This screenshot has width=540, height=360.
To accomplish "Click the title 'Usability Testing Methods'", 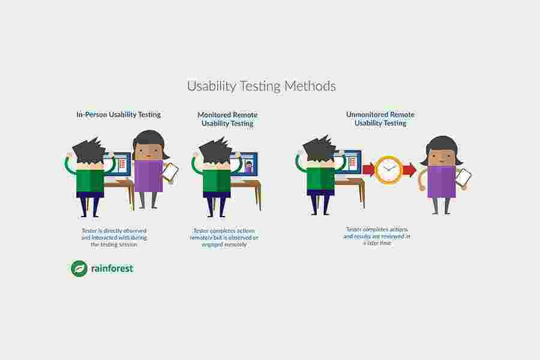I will pyautogui.click(x=261, y=86).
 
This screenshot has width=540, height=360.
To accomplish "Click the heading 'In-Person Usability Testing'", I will pyautogui.click(x=118, y=114).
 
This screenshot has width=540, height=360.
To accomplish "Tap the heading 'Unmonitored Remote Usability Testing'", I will pyautogui.click(x=380, y=119).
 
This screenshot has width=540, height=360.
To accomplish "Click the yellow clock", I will pyautogui.click(x=388, y=170).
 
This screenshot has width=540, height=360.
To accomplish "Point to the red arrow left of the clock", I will pyautogui.click(x=368, y=169).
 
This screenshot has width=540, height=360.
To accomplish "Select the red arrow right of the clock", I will pyautogui.click(x=409, y=170).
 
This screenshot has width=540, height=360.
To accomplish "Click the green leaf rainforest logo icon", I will pyautogui.click(x=79, y=268).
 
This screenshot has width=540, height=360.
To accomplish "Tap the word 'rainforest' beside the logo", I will pyautogui.click(x=112, y=268).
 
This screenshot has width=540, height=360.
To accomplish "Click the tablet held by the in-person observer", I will pyautogui.click(x=170, y=172).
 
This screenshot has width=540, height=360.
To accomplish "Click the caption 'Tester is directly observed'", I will pyautogui.click(x=114, y=230).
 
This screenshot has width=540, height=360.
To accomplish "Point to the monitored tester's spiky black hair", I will pyautogui.click(x=214, y=150).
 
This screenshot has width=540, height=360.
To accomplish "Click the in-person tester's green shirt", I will pyautogui.click(x=90, y=179).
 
